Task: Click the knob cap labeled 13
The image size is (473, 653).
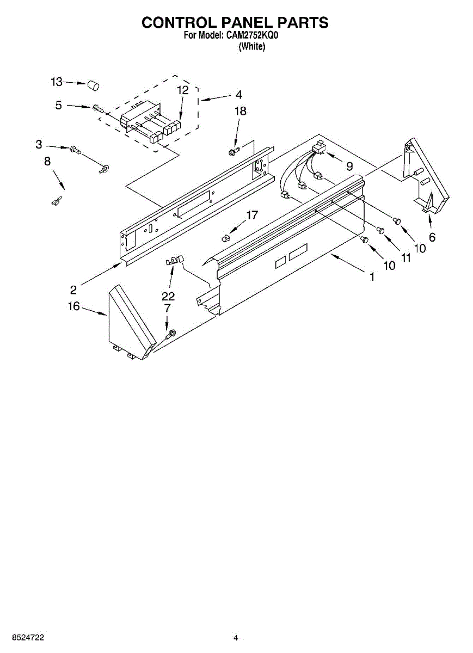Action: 94,85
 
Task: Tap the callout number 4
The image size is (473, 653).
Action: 238,95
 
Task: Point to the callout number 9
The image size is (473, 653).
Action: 349,165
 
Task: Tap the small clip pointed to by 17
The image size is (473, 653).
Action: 226,237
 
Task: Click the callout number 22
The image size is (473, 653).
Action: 168,296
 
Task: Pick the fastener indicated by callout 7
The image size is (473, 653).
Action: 170,332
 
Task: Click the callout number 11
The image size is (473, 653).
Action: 406,258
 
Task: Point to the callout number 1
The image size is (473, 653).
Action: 372,277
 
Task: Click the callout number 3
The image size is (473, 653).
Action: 39,145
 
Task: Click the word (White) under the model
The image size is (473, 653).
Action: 252,47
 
